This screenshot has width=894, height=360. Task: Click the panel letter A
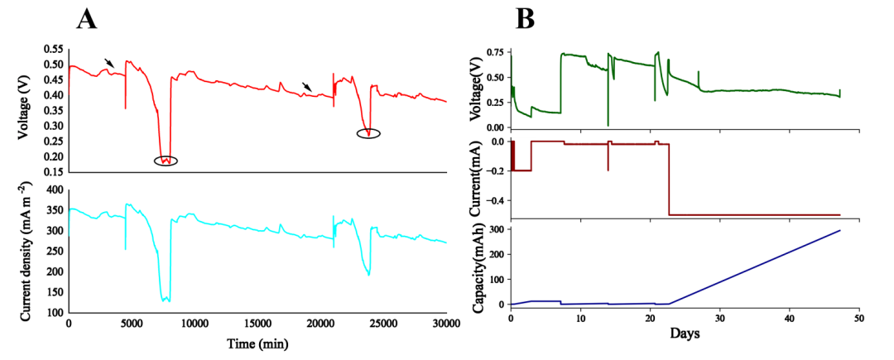coord(87,18)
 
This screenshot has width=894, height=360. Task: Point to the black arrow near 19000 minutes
coord(307,87)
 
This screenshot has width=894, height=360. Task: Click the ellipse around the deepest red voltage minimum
coord(166,161)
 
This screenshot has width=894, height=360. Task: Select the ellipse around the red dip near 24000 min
coord(369,133)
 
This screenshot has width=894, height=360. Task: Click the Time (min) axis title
coord(257,342)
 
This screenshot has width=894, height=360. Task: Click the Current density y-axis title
coord(27,256)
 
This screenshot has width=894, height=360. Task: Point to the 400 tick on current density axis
coord(54,190)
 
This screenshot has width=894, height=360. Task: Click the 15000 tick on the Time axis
coord(257,324)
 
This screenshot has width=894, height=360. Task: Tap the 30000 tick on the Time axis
coord(446,324)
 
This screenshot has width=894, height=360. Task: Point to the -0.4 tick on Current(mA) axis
coord(493,200)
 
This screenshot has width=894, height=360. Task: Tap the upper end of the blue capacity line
coord(840,230)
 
